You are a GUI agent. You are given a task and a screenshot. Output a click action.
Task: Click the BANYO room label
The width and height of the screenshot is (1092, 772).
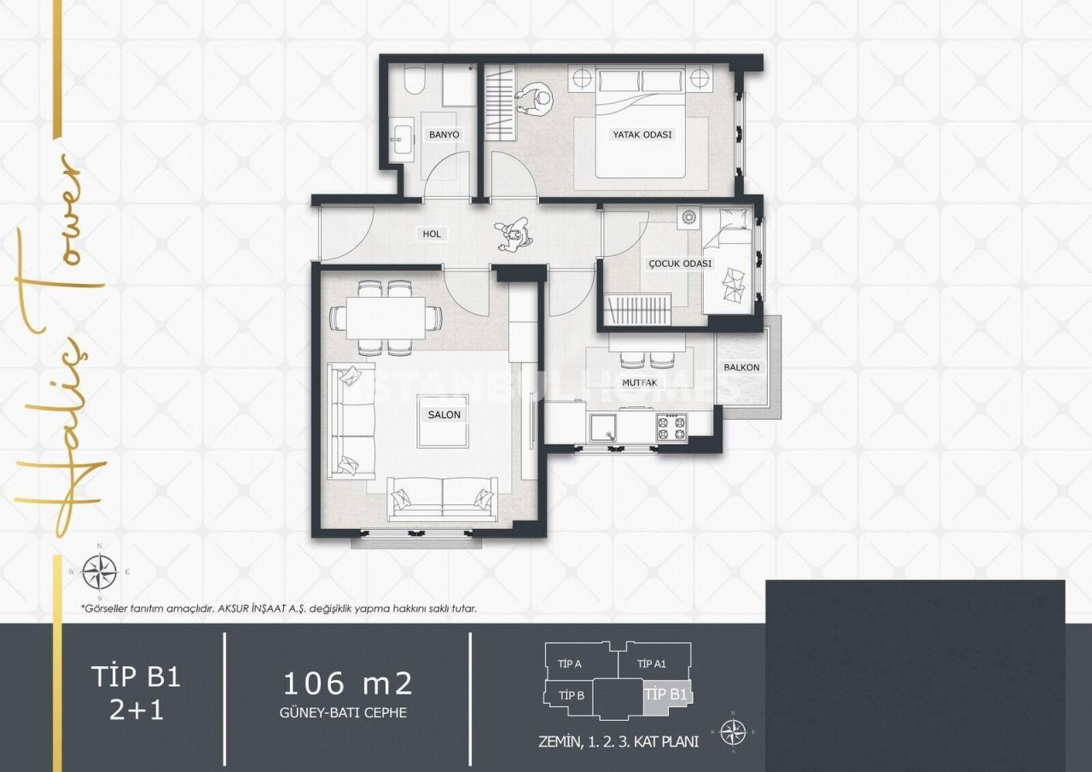pyautogui.click(x=444, y=135)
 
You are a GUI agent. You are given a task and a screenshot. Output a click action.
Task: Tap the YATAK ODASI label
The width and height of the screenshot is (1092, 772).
pyautogui.click(x=642, y=135)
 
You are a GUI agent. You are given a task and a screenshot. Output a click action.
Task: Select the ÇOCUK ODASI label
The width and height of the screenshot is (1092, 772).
pyautogui.click(x=679, y=264)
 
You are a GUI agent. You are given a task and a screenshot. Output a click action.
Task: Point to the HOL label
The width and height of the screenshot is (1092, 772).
pyautogui.click(x=432, y=234)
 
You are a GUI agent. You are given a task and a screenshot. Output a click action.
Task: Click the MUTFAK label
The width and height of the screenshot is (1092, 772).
pyautogui.click(x=639, y=383)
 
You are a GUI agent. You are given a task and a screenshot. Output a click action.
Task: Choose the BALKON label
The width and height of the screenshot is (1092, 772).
pyautogui.click(x=741, y=368)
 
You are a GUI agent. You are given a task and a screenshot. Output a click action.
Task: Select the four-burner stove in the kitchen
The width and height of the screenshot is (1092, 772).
pyautogui.click(x=671, y=427)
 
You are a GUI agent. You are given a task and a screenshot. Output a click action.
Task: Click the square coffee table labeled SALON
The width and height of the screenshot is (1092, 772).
pyautogui.click(x=443, y=421)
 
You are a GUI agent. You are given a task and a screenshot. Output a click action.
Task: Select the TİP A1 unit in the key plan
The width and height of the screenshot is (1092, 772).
pyautogui.click(x=653, y=664)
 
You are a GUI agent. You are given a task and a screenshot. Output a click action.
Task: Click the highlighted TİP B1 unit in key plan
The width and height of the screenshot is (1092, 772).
pyautogui.click(x=665, y=694)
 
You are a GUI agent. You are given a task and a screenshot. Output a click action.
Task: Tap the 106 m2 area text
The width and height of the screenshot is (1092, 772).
pyautogui.click(x=347, y=682)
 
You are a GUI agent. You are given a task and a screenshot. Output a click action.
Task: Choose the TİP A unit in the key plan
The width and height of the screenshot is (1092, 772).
pyautogui.click(x=569, y=664)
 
